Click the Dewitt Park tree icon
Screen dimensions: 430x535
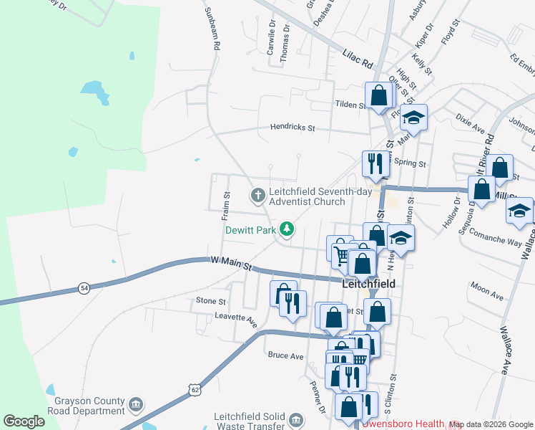[287, 229]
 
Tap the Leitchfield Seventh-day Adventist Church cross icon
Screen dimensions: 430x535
[257, 194]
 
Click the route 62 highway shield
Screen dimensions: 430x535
[195, 389]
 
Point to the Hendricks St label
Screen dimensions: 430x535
[293, 128]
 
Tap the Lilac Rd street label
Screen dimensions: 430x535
[358, 59]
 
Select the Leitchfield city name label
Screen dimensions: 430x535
[369, 284]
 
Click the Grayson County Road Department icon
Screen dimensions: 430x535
[135, 406]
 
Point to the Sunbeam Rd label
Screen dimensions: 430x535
[212, 29]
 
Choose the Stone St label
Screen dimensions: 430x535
[211, 302]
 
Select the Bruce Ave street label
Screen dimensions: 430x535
[285, 355]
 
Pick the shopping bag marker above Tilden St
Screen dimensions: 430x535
[378, 95]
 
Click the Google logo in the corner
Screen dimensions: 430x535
[24, 421]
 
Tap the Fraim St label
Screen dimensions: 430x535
[226, 204]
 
